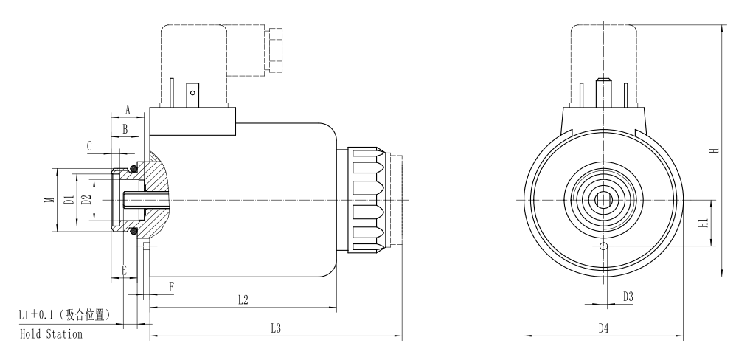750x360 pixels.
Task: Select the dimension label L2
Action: (243, 300)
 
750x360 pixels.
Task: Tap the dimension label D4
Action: (604, 329)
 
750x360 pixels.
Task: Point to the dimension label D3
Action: (628, 297)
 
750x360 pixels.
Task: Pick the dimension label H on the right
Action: (712, 150)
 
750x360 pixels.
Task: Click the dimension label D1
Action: (67, 200)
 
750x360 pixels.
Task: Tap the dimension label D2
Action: (86, 200)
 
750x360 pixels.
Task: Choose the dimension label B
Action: (125, 128)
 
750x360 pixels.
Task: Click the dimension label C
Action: (89, 147)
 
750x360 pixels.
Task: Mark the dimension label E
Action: (124, 270)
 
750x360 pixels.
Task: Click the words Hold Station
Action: (50, 334)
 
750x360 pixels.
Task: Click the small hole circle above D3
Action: (604, 246)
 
